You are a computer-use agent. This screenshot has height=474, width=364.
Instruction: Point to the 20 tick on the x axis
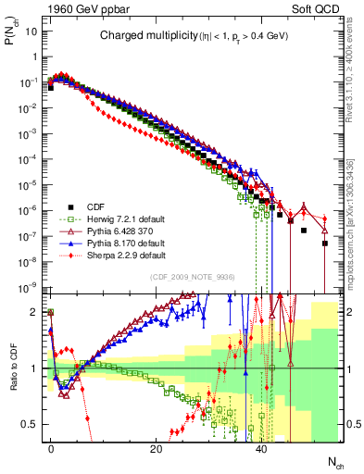[x=157, y=446]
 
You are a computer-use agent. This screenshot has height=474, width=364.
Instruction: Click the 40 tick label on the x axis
[x=262, y=446]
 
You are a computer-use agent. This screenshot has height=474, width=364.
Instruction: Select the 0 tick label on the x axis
[x=51, y=446]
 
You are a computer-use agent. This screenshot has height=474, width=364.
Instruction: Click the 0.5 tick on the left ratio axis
[x=28, y=424]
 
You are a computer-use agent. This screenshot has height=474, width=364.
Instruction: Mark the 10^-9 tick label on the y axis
[x=24, y=287]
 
